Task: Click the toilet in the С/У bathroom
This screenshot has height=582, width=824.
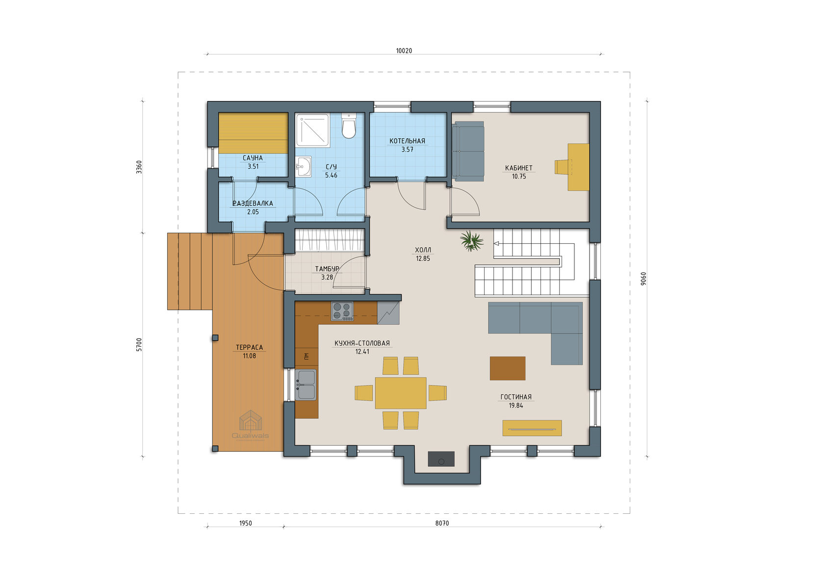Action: pyautogui.click(x=349, y=126)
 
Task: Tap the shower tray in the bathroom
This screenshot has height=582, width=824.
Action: pyautogui.click(x=313, y=130)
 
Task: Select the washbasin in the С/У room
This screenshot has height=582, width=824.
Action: pyautogui.click(x=304, y=167)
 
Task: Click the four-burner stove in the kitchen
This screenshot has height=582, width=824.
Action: pyautogui.click(x=342, y=311)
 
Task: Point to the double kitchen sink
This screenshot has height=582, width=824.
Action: pyautogui.click(x=306, y=384)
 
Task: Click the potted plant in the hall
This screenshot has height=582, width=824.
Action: pyautogui.click(x=472, y=241)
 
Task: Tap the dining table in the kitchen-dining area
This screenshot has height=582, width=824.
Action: pyautogui.click(x=401, y=393)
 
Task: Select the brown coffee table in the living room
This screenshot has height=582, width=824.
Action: pyautogui.click(x=507, y=368)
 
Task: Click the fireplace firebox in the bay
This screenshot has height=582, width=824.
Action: pyautogui.click(x=441, y=459)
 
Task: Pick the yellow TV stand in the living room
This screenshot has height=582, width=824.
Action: pyautogui.click(x=532, y=428)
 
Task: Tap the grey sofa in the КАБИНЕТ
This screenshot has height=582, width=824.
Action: pyautogui.click(x=468, y=152)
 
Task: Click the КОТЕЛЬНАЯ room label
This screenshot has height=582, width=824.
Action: pyautogui.click(x=407, y=141)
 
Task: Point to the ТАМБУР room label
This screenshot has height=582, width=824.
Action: pyautogui.click(x=327, y=269)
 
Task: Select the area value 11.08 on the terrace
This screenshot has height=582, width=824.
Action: pyautogui.click(x=249, y=356)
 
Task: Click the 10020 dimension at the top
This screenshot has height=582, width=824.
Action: pyautogui.click(x=404, y=51)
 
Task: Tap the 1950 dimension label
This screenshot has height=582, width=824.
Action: pyautogui.click(x=246, y=523)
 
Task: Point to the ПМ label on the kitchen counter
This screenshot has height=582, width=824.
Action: pyautogui.click(x=307, y=356)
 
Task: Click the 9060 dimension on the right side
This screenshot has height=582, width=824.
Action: pyautogui.click(x=643, y=278)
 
